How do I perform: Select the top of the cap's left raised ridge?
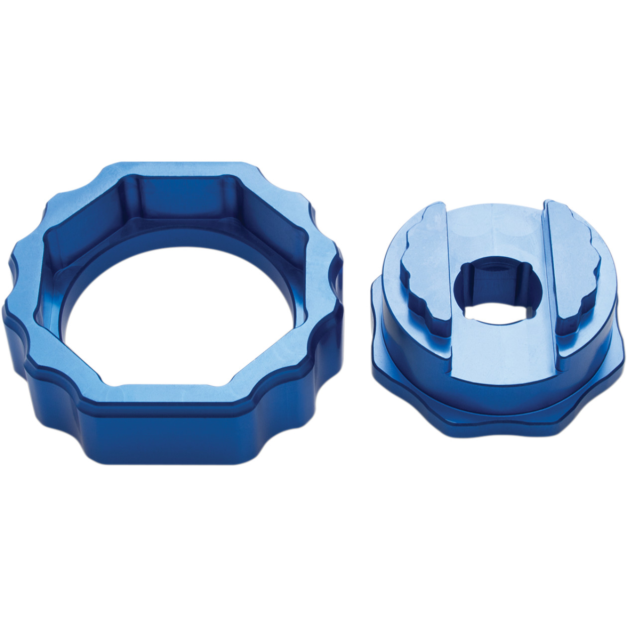pyautogui.click(x=428, y=239)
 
